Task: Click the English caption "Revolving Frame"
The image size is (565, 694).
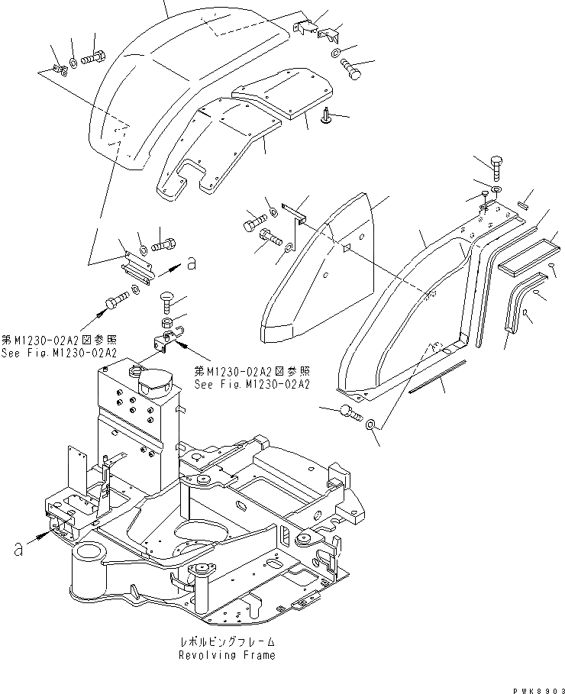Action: pos(227,655)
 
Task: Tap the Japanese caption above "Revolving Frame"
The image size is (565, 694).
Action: pos(227,643)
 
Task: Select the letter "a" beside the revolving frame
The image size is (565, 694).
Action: pos(17,547)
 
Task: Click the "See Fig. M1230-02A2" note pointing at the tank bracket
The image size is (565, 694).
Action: pos(251,378)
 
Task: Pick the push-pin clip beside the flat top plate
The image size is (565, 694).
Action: pos(327,116)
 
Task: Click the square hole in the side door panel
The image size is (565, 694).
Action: pos(346,246)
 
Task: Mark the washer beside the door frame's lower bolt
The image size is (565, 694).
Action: pos(370,424)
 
